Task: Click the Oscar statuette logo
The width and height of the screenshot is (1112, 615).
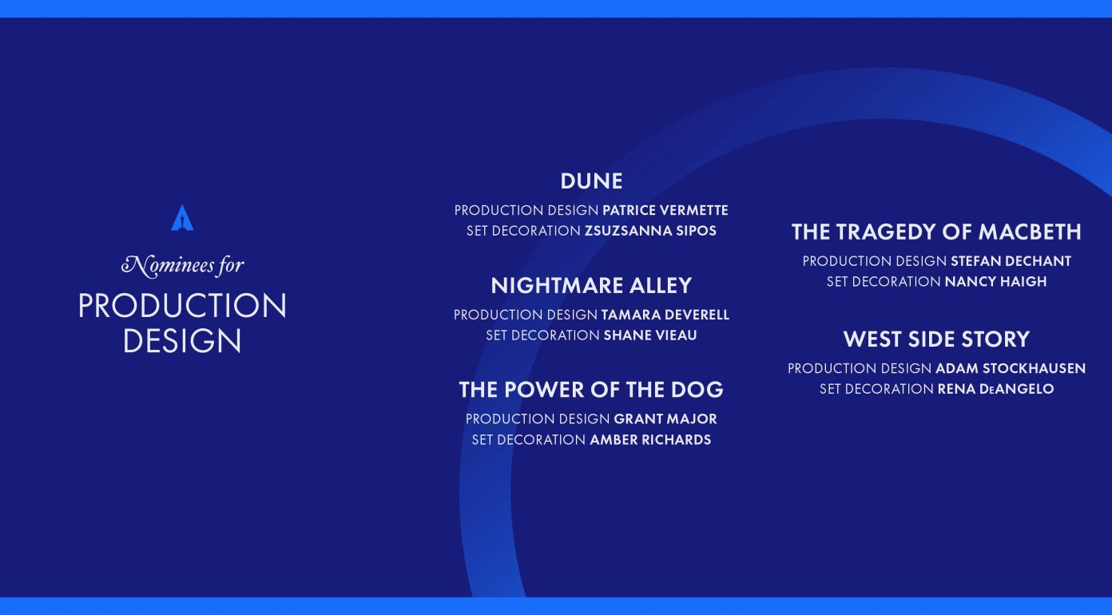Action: [182, 218]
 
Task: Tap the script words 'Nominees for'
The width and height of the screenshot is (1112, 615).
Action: [183, 265]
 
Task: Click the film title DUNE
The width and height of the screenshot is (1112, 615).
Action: [591, 181]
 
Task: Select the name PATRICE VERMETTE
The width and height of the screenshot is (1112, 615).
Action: [665, 211]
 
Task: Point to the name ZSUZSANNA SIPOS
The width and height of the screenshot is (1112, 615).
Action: [650, 231]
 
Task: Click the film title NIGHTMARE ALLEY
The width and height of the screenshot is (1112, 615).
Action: [591, 285]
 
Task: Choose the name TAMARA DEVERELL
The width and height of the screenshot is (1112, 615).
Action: [665, 315]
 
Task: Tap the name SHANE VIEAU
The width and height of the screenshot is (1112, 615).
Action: [650, 335]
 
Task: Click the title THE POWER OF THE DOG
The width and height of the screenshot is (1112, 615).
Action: [591, 390]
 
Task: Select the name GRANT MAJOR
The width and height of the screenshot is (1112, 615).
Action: [665, 419]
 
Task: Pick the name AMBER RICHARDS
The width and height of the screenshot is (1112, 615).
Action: [650, 440]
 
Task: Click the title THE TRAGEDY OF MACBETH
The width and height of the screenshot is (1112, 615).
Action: [936, 232]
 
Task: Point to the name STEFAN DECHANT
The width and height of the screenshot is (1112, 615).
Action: [1011, 261]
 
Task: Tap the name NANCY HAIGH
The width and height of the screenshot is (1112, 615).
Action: [995, 281]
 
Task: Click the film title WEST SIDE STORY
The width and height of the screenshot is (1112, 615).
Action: [936, 339]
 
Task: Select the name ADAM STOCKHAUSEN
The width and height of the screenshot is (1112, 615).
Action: [1011, 368]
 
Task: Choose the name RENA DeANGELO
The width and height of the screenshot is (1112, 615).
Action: [995, 389]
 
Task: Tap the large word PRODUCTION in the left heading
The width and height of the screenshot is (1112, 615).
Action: [182, 305]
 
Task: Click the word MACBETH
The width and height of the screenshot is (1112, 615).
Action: [1030, 232]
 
